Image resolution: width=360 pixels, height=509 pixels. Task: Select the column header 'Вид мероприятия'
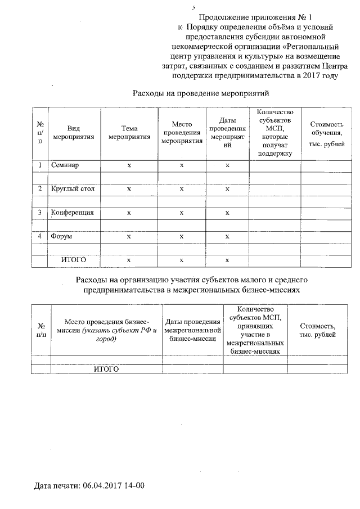[x=73, y=133]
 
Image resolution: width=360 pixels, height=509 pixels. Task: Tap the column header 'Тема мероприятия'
[x=129, y=133]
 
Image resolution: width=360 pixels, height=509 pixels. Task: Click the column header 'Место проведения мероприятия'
[x=182, y=133]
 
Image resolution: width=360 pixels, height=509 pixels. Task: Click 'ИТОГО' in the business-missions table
[x=106, y=369]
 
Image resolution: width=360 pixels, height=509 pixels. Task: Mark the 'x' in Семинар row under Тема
[x=129, y=165]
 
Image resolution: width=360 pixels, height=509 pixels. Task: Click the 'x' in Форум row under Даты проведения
[x=227, y=237]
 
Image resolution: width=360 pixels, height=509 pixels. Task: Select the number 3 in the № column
[x=40, y=213]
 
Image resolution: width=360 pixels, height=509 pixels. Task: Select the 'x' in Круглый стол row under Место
[x=182, y=189]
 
